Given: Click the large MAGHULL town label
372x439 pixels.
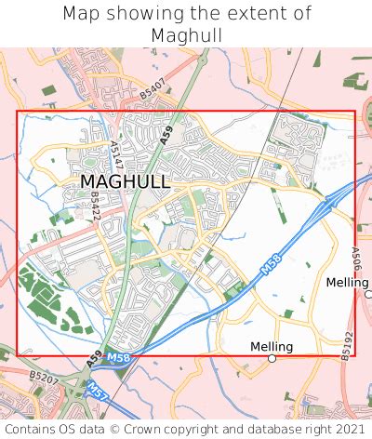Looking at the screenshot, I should (125, 181).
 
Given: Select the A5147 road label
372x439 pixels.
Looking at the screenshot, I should (115, 153).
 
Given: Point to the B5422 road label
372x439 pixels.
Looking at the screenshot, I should (95, 206).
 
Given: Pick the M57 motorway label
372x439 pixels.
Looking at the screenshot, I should (97, 389).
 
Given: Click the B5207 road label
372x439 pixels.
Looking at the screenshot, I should (43, 377).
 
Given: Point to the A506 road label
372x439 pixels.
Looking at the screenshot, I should (356, 256).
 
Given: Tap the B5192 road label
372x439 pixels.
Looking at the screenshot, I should (348, 345).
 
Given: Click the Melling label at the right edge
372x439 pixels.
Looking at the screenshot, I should (347, 282).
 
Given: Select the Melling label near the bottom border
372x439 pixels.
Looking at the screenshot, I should (272, 347).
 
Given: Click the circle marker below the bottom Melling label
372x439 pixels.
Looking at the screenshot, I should (272, 358).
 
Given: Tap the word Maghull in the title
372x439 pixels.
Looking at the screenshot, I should (185, 35).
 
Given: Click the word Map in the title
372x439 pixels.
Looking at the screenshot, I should (82, 14).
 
